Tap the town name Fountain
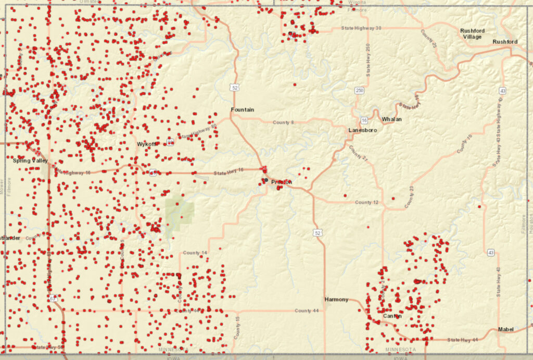[x=243, y=109]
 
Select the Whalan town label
[x=392, y=119]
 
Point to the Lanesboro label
[x=362, y=130]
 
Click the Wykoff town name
[x=146, y=144]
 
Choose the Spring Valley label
[x=30, y=161]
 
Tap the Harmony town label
[x=336, y=300]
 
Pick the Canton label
[x=392, y=316]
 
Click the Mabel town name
[x=505, y=329]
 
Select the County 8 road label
[x=283, y=122]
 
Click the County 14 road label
[x=195, y=253]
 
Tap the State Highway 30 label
[x=361, y=28]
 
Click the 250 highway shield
[x=359, y=91]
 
